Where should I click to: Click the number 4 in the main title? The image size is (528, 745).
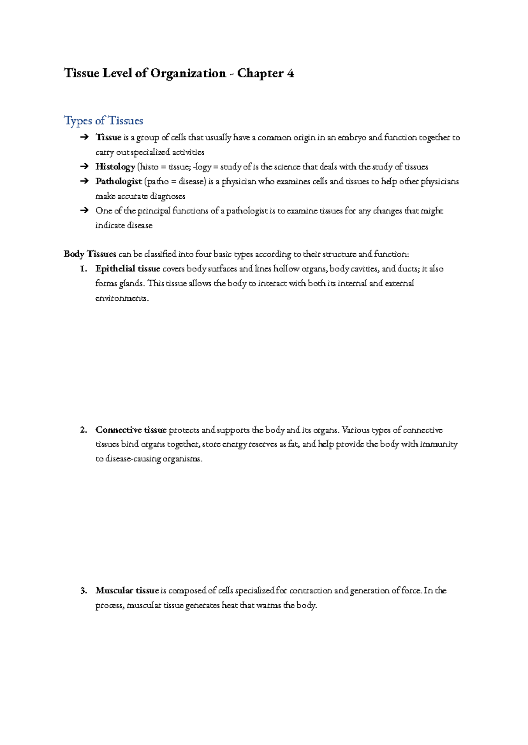click(x=290, y=73)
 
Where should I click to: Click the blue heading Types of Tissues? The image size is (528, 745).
click(x=103, y=121)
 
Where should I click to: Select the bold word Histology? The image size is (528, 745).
click(x=115, y=167)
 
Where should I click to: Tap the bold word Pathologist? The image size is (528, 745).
click(x=118, y=181)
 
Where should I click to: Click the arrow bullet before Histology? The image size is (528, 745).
click(x=84, y=167)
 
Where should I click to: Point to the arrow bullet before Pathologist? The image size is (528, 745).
click(x=84, y=181)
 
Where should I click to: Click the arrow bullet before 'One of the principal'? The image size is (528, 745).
click(x=84, y=211)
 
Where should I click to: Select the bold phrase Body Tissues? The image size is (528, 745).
click(x=90, y=254)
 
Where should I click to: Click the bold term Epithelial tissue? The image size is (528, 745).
click(x=128, y=269)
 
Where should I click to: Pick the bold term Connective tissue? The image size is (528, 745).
click(x=131, y=430)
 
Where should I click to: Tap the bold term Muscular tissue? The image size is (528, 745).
click(x=127, y=591)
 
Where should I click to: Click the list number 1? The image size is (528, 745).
click(x=84, y=269)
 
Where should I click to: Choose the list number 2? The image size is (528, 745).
click(x=84, y=430)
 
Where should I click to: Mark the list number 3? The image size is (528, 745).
click(x=84, y=591)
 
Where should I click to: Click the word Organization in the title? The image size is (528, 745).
click(x=188, y=73)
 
